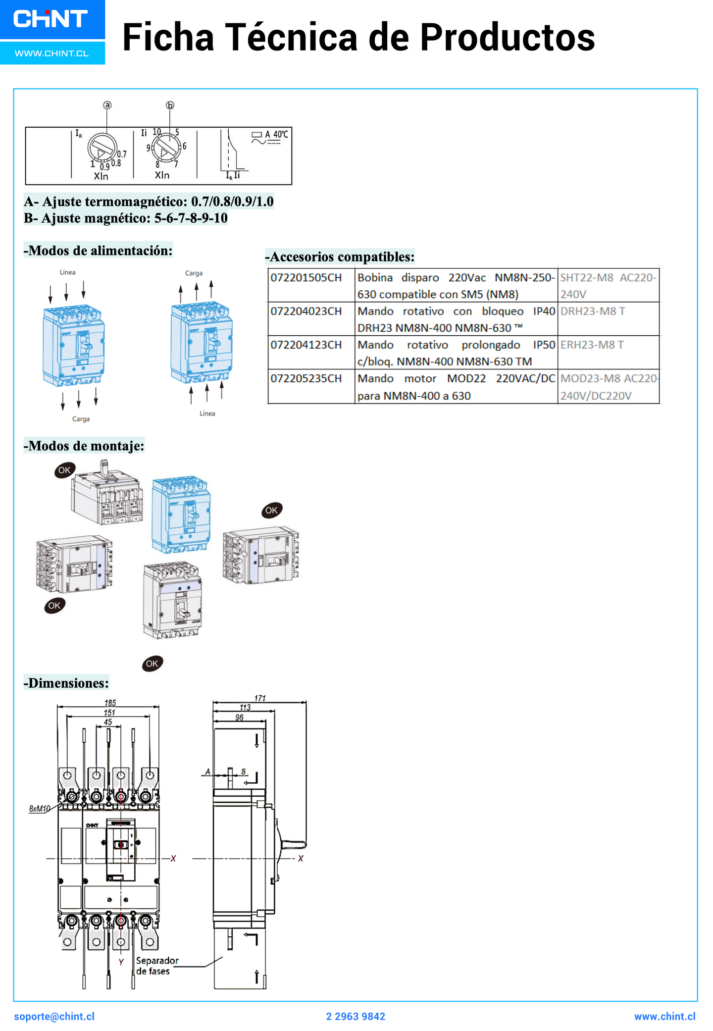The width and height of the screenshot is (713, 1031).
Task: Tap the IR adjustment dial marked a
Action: [102, 148]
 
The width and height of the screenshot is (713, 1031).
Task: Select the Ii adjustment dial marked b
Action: [165, 147]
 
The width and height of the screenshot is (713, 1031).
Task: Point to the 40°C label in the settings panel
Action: [280, 134]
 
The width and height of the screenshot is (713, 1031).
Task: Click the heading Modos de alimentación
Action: [98, 251]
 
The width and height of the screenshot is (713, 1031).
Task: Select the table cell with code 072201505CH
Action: [306, 278]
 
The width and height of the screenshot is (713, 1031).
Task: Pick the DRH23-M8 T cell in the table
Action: [593, 311]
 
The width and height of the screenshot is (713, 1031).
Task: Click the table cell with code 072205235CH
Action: [306, 379]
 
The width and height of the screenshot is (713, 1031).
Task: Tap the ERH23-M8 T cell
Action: [592, 345]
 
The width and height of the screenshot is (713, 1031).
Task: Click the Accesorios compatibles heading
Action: [340, 257]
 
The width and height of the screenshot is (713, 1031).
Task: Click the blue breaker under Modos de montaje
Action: [182, 515]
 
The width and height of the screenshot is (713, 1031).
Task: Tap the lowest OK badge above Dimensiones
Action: [152, 664]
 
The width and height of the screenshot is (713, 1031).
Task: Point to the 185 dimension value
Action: [110, 703]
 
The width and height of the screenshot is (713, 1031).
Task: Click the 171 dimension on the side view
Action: [260, 698]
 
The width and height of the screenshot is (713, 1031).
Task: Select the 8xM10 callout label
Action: [40, 809]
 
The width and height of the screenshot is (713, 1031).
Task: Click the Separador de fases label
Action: [157, 966]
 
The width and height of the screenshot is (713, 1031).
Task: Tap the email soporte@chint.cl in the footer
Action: [54, 1017]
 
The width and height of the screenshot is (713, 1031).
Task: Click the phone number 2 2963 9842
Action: [356, 1017]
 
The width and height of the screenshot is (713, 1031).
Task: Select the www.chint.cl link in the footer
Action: [664, 1017]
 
